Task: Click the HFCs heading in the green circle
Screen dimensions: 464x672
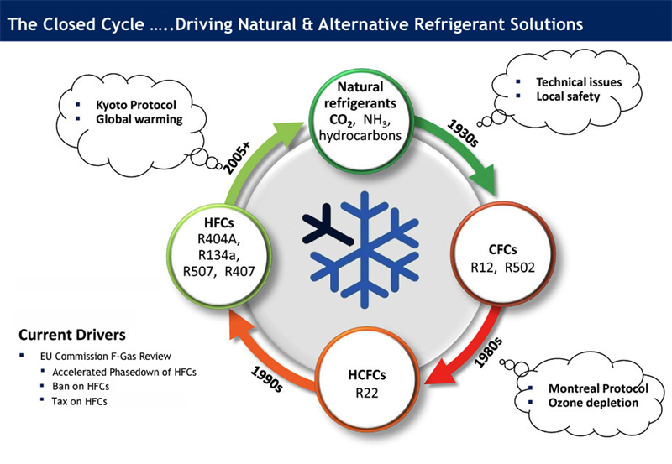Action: point(222,223)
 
